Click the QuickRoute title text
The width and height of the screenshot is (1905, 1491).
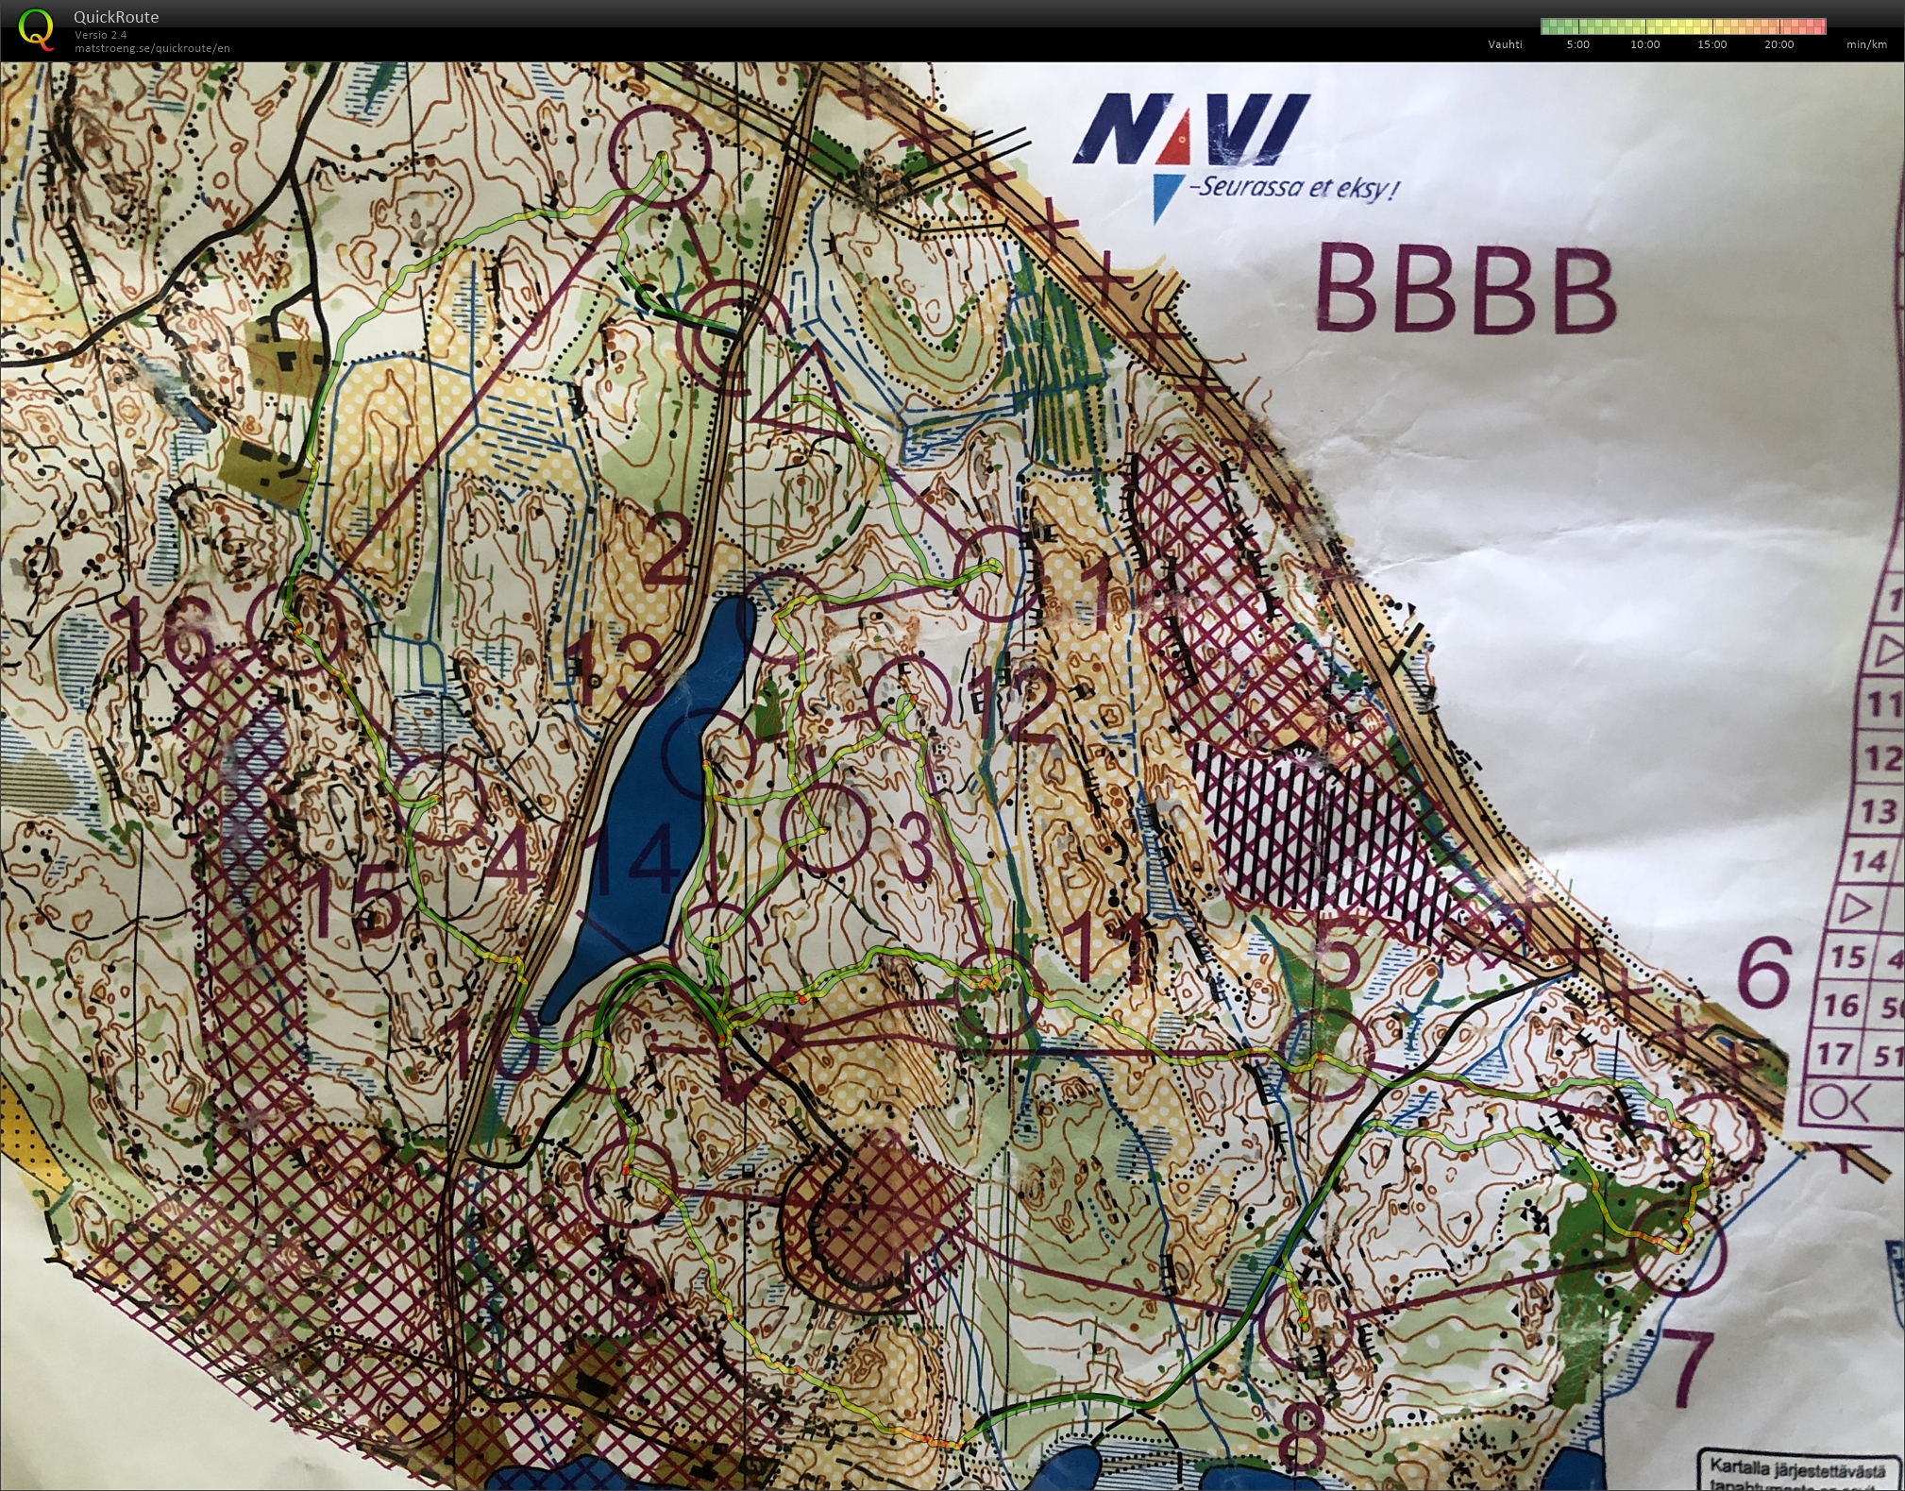point(116,17)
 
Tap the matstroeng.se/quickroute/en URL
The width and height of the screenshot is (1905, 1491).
point(152,48)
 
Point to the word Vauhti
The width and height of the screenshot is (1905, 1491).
point(1505,44)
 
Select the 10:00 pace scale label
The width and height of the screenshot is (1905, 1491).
point(1644,44)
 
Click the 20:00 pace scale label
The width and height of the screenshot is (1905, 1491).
point(1779,44)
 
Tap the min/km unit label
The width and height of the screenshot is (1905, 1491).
point(1866,44)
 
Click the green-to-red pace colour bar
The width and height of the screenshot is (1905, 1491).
point(1682,26)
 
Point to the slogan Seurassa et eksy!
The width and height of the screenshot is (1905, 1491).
point(1293,188)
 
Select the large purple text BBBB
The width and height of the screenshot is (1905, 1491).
point(1464,288)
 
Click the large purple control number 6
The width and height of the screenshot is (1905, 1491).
point(1763,973)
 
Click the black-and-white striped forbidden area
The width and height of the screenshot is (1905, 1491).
point(1322,831)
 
